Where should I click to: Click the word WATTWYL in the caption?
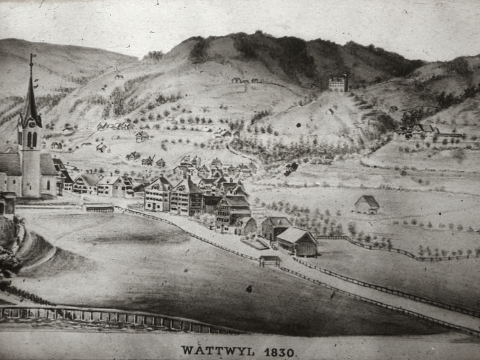[x=216, y=351]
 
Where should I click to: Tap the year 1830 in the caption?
[x=279, y=351]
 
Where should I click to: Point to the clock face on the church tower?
[x=31, y=123]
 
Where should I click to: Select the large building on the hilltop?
[x=338, y=83]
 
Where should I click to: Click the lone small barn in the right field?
[x=367, y=203]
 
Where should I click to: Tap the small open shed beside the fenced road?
[x=270, y=260]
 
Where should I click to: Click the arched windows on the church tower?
[x=31, y=139]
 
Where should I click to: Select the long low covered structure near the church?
[x=100, y=208]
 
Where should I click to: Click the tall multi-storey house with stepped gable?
[x=186, y=195]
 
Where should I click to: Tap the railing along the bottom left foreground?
[x=102, y=316]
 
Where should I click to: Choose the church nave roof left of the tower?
[x=10, y=164]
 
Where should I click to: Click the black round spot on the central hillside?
[x=330, y=111]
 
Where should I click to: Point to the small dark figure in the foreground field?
[x=249, y=289]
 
